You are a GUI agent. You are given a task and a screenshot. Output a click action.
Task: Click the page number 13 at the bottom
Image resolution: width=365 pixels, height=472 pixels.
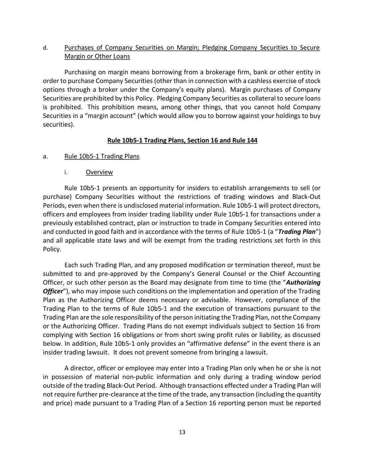[x=182, y=432]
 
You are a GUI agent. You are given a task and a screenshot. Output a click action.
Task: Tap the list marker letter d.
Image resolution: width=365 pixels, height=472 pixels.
[x=45, y=48]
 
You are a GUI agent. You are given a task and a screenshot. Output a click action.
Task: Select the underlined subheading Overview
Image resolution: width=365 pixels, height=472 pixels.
[x=99, y=172]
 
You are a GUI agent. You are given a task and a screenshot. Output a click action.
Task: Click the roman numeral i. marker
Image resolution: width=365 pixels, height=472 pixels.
[x=66, y=172]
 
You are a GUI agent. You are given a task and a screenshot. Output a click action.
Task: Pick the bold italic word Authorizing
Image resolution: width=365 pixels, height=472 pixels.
[x=305, y=283]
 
